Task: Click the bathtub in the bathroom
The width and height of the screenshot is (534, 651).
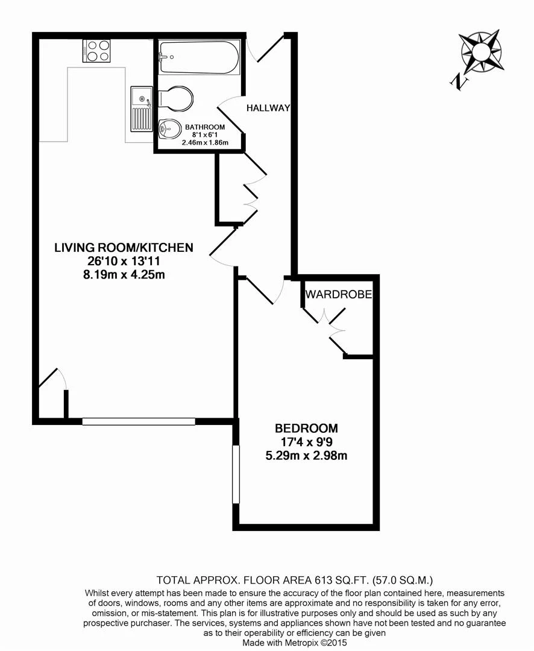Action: tap(199, 57)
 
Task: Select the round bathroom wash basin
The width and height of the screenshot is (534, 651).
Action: tap(170, 128)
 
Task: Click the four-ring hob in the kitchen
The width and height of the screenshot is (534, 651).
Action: tap(97, 50)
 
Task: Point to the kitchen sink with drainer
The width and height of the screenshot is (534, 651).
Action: tap(141, 108)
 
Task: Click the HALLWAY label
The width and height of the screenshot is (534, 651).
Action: tap(268, 108)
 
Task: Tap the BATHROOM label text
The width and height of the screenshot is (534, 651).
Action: tap(205, 127)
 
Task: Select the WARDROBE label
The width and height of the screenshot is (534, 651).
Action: tap(338, 295)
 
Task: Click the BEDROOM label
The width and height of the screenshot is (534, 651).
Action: tap(306, 429)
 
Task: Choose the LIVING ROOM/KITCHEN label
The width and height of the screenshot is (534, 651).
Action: tap(124, 247)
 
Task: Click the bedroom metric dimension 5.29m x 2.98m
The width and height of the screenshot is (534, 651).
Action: tap(306, 456)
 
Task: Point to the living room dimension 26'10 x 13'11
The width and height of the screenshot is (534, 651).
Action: tap(124, 261)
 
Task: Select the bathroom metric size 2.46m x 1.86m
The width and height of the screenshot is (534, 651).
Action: tap(205, 143)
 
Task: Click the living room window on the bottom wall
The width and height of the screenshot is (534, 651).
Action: tap(139, 421)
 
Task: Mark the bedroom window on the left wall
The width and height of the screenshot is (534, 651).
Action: tap(236, 474)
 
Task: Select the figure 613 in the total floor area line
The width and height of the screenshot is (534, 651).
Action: tap(325, 580)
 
